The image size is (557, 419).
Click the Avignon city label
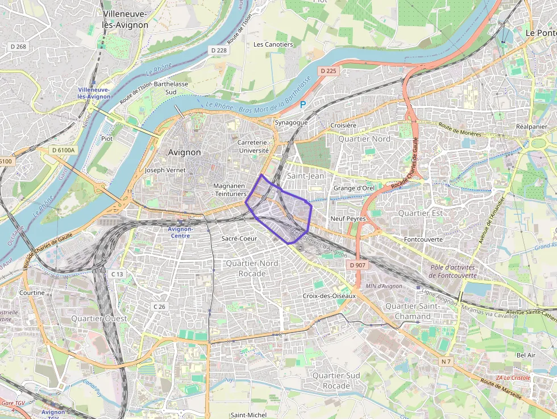point(185,152)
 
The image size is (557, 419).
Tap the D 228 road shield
point(219,51)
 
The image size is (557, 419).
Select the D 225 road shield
point(328,71)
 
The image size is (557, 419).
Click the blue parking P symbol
point(303,104)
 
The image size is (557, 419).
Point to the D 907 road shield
point(358,265)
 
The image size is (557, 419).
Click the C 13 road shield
point(117,274)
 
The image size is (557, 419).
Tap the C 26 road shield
point(159,306)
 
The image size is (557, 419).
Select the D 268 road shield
point(18,46)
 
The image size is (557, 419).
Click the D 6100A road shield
point(63,150)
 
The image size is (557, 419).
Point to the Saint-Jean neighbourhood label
point(306,176)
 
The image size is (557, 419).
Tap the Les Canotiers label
point(273,44)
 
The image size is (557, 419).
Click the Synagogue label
point(291,122)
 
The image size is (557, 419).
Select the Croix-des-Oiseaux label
point(329,296)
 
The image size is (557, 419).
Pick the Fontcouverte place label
point(423,239)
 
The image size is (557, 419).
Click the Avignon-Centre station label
point(181,232)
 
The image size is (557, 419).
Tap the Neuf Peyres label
point(348,218)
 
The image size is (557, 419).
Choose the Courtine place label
point(32,293)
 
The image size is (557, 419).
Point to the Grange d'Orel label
point(354,188)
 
